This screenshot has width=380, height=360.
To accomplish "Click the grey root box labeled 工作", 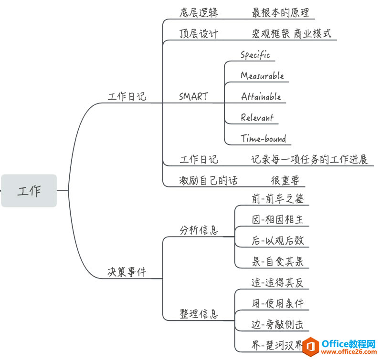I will click(x=29, y=191).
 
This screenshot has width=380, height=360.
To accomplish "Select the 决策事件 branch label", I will click(x=127, y=272).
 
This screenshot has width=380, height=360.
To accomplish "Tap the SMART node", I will click(x=193, y=96).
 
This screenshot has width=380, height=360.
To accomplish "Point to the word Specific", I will click(x=255, y=55).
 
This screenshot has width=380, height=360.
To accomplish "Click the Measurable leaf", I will click(x=262, y=76).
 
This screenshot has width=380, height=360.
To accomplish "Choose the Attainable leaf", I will click(x=261, y=96).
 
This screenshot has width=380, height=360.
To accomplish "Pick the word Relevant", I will click(x=257, y=117).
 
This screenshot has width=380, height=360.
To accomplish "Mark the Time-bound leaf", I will click(x=264, y=139).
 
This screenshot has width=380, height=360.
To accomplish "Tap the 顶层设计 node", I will click(x=199, y=34).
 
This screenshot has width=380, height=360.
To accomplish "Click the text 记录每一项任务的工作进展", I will click(x=310, y=159).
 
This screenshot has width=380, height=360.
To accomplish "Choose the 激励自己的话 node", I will click(x=209, y=180).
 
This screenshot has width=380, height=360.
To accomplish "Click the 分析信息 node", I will click(x=199, y=230).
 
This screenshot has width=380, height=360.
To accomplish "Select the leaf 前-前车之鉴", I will click(x=277, y=199).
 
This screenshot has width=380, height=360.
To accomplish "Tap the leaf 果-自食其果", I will click(x=277, y=261).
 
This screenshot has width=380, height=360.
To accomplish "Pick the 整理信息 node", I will click(x=199, y=314).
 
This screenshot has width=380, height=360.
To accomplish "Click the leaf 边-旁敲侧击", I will click(x=277, y=324).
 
